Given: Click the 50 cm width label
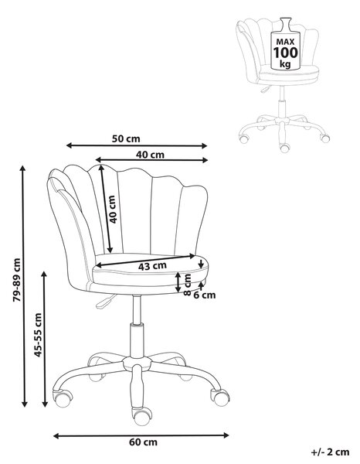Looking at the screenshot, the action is [126, 138].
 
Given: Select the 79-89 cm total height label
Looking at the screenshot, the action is [17, 280].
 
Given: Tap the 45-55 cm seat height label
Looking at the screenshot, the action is [38, 335].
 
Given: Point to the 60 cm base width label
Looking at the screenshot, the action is [143, 442].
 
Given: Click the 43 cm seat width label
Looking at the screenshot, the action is [152, 266].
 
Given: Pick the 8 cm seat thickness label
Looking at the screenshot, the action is [187, 285].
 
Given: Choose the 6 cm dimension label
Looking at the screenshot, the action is [205, 295].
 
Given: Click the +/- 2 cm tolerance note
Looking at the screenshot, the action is [330, 452].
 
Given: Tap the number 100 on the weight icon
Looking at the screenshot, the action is [285, 53].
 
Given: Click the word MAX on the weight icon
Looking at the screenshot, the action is [285, 42].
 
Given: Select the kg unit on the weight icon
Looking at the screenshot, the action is [285, 63].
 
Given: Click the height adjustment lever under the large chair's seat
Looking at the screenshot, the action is [105, 302].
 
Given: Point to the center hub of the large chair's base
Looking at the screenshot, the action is [137, 362].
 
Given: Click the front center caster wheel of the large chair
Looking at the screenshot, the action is [142, 416].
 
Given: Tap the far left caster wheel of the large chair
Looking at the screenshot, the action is [62, 398].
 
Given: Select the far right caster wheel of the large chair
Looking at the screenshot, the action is [220, 397].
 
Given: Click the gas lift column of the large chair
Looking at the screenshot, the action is [137, 326].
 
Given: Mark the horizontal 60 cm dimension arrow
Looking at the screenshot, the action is [141, 435].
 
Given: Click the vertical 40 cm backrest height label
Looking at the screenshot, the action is [113, 209].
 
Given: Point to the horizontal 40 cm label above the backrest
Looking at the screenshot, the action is [150, 155].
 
